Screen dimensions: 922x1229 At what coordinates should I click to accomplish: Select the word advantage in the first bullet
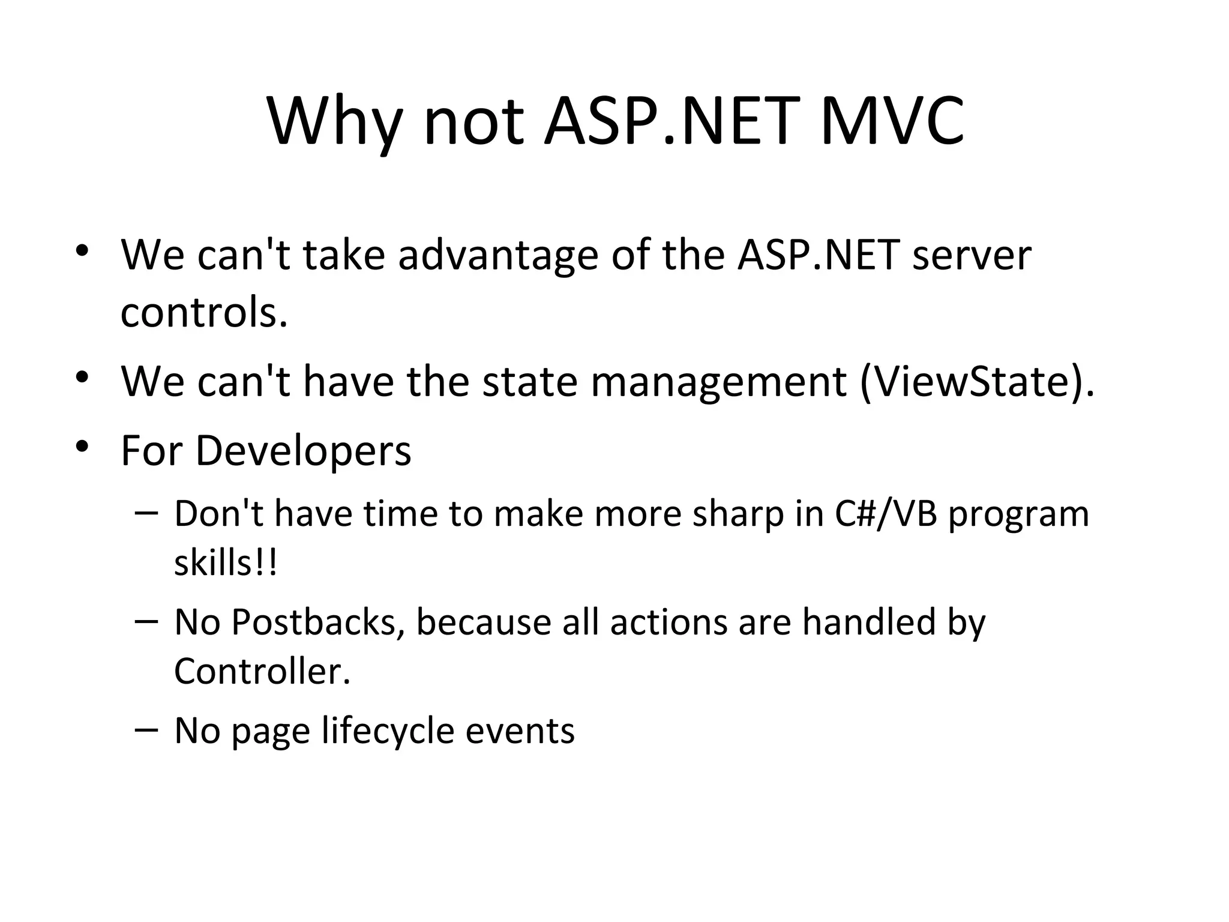pos(497,255)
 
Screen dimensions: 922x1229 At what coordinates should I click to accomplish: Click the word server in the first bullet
pos(971,255)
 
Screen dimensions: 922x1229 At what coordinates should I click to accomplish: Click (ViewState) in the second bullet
pos(977,382)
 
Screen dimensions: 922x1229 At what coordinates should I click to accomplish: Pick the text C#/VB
pos(885,515)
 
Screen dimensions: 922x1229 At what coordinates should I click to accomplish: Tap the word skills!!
pos(226,563)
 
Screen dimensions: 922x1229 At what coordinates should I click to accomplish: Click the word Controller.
pos(262,671)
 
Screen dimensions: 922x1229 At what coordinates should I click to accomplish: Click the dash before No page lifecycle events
pos(146,729)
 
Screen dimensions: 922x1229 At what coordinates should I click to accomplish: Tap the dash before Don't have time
pos(146,513)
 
